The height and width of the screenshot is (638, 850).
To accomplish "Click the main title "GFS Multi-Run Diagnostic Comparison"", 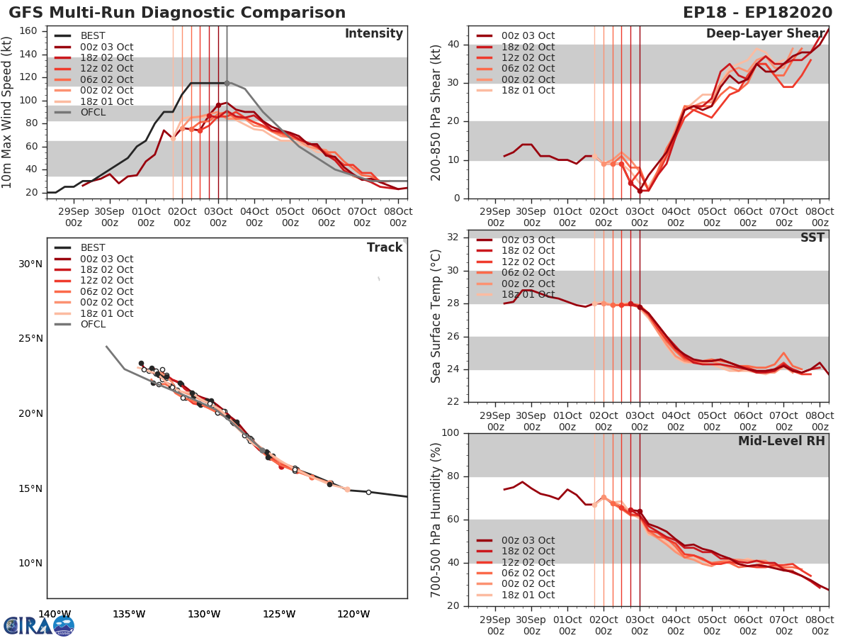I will pyautogui.click(x=177, y=13).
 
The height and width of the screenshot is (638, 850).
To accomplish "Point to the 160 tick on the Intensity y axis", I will pyautogui.click(x=29, y=31).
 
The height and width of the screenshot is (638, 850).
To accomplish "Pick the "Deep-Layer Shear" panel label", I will pyautogui.click(x=765, y=34).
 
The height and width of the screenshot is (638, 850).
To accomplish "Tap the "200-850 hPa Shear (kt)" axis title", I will pyautogui.click(x=436, y=113).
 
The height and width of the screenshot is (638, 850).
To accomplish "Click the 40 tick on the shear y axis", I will pyautogui.click(x=454, y=45).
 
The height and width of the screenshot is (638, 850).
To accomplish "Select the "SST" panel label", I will pyautogui.click(x=812, y=237).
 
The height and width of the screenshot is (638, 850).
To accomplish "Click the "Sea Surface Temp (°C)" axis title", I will pyautogui.click(x=436, y=315).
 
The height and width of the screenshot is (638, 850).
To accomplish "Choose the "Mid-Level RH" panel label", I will pyautogui.click(x=781, y=441).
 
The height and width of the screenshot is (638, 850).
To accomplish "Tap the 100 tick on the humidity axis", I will pyautogui.click(x=450, y=433).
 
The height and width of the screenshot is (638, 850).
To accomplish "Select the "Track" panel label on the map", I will pyautogui.click(x=384, y=247).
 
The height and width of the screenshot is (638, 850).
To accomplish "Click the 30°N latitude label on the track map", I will pyautogui.click(x=30, y=264).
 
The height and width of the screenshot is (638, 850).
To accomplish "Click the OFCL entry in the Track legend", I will pyautogui.click(x=93, y=324).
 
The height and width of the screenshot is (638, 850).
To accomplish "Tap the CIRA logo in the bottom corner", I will pyautogui.click(x=39, y=625).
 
